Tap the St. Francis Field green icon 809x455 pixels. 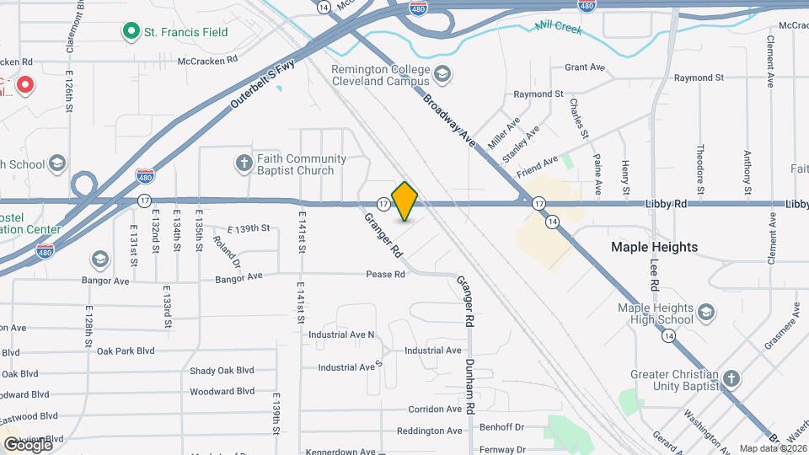click(x=131, y=32)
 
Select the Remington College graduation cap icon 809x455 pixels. click(x=442, y=76)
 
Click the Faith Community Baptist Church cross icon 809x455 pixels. click(x=244, y=163)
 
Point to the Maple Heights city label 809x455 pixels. click(x=654, y=247)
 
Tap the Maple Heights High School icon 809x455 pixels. click(x=706, y=314)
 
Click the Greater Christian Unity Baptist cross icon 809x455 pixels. click(x=731, y=378)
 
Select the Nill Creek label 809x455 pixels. click(x=559, y=27)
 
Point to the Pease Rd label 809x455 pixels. click(x=385, y=275)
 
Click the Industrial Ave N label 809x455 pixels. click(x=340, y=335)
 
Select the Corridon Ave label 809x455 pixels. click(x=435, y=409)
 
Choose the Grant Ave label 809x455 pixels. click(x=585, y=67)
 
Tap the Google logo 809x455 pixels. click(x=27, y=444)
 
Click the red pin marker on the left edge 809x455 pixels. click(x=25, y=84)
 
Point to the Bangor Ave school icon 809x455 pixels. click(x=100, y=258)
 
